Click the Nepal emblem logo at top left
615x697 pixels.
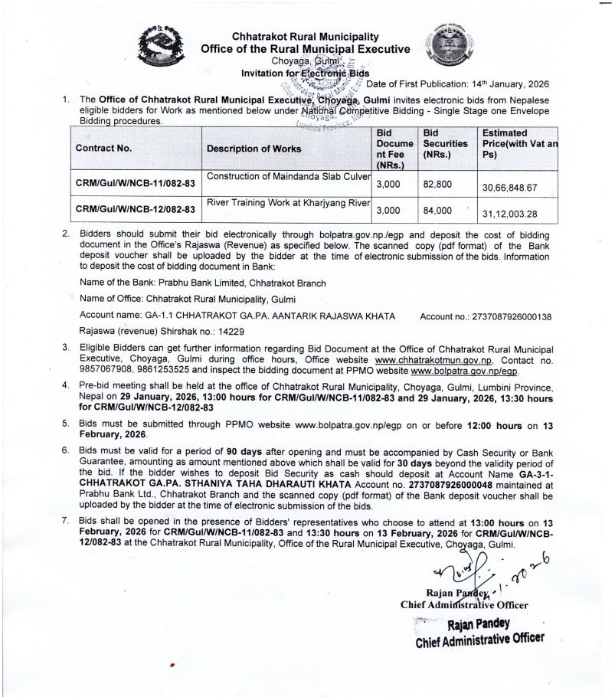tap(165, 47)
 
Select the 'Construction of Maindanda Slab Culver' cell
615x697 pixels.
tap(289, 177)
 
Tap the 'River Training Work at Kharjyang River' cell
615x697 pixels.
tap(289, 202)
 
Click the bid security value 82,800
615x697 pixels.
tap(437, 185)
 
